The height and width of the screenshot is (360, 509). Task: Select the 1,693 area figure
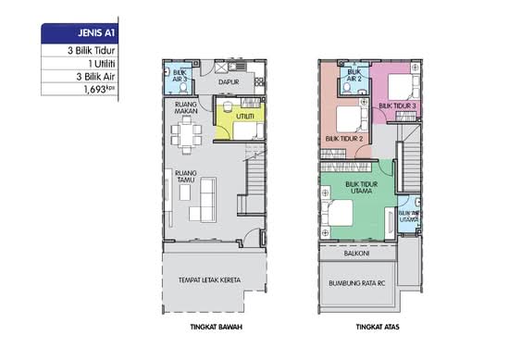click(99, 89)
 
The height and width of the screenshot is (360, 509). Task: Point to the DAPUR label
click(229, 82)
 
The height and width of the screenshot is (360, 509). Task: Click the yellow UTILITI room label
click(245, 117)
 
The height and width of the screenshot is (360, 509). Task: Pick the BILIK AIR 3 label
click(180, 75)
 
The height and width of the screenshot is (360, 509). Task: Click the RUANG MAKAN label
click(186, 107)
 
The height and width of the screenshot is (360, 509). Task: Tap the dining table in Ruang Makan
click(186, 135)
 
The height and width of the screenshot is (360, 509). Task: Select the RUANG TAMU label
click(186, 176)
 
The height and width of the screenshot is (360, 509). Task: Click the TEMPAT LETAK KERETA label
click(210, 279)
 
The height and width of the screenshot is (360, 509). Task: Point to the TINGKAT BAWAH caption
click(217, 327)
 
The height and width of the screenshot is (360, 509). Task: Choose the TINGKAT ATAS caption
click(378, 327)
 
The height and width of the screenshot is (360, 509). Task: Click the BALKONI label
click(356, 253)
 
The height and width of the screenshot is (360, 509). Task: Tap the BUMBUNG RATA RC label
click(356, 283)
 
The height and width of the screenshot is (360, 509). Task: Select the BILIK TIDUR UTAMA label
click(361, 187)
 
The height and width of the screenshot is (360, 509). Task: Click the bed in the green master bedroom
click(338, 213)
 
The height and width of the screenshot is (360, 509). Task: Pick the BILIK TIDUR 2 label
click(344, 139)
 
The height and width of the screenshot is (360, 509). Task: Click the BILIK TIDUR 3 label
click(397, 106)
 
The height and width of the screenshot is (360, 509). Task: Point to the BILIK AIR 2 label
click(354, 75)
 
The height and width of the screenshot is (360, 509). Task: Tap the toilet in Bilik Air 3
click(183, 88)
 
